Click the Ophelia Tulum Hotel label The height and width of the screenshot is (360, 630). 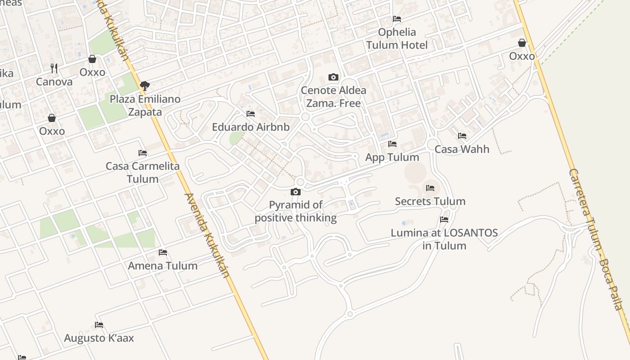pyautogui.click(x=396, y=39)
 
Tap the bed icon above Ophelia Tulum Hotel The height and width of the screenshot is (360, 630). pyautogui.click(x=397, y=19)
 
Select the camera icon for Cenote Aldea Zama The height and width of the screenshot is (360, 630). pyautogui.click(x=333, y=77)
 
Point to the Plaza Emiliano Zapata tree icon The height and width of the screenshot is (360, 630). pyautogui.click(x=145, y=85)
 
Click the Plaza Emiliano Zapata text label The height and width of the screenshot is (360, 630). pyautogui.click(x=145, y=105)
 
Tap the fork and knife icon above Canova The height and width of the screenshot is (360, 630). pyautogui.click(x=54, y=68)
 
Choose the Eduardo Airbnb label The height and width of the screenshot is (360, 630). pyautogui.click(x=251, y=127)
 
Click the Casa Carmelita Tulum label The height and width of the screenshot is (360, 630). pyautogui.click(x=142, y=172)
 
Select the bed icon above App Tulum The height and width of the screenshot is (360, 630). pyautogui.click(x=392, y=144)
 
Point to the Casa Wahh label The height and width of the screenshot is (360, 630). pyautogui.click(x=462, y=149)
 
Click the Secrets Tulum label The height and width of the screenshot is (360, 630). pyautogui.click(x=430, y=202)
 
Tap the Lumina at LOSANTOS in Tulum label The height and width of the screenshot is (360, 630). pyautogui.click(x=444, y=239)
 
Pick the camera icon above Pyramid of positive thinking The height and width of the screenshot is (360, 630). pyautogui.click(x=296, y=192)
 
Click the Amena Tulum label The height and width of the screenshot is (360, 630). pyautogui.click(x=162, y=266)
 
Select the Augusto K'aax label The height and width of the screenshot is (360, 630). pyautogui.click(x=99, y=338)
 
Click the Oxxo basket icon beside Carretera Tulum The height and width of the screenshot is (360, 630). pyautogui.click(x=522, y=43)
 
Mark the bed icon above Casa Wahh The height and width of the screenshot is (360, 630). pyautogui.click(x=462, y=136)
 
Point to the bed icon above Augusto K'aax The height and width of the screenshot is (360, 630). pyautogui.click(x=99, y=325)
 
